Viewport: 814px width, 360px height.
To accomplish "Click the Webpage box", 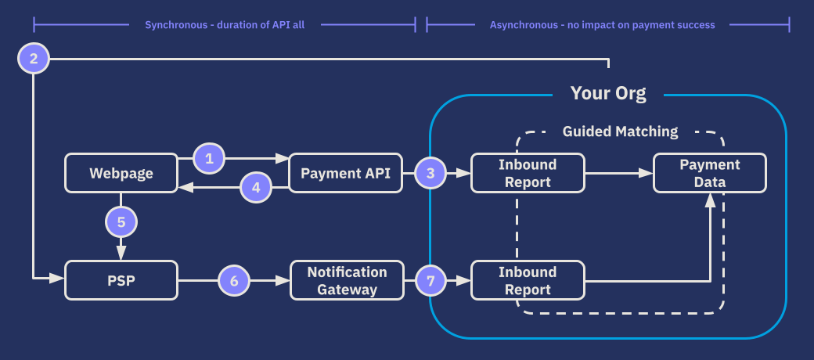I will (121, 173).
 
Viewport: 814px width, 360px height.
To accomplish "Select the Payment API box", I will (345, 173).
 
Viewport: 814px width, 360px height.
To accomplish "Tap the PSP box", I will (121, 280).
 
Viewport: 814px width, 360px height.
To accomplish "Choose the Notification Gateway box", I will (346, 280).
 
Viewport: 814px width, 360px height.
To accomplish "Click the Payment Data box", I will (709, 173).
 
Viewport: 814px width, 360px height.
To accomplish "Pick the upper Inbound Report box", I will (528, 173).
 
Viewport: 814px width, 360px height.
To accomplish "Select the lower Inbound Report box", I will (528, 280).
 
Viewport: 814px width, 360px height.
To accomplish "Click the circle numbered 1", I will (209, 158).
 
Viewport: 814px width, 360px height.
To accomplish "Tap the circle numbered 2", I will (33, 59).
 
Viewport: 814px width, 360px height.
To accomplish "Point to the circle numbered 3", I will (430, 173).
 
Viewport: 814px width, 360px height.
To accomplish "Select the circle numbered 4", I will (256, 188).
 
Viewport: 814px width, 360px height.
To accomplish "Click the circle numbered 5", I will (121, 222).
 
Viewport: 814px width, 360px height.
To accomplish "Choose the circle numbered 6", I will (233, 280).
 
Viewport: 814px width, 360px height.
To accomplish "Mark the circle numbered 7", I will (430, 280).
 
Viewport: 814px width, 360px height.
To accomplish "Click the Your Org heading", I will (608, 94).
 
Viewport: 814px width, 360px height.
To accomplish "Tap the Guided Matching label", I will (620, 131).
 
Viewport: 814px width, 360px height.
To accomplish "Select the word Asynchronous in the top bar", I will (524, 25).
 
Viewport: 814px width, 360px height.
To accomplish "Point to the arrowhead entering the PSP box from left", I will (57, 277).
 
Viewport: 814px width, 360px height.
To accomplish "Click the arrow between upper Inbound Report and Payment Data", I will (618, 173).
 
